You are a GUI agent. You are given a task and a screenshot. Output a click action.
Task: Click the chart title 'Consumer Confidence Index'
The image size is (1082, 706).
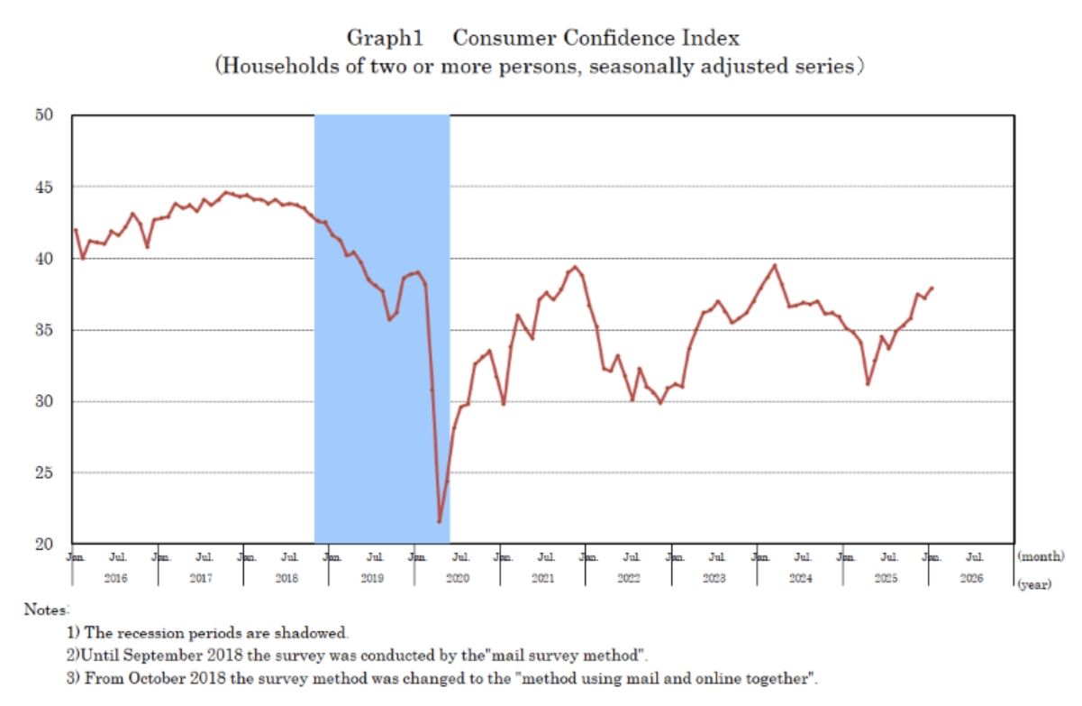pos(596,38)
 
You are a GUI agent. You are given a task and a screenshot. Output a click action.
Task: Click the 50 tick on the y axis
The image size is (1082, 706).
pos(46,115)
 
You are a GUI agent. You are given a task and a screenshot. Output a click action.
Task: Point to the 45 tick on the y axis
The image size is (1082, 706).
pos(46,187)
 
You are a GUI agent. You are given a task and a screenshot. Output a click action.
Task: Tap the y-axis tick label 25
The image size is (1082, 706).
pos(46,472)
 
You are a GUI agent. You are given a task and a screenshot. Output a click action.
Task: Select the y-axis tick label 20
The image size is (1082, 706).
pos(46,544)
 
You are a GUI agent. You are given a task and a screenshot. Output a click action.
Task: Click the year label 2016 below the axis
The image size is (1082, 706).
pos(115,578)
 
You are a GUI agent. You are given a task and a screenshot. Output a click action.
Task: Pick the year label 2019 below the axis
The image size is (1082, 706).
pos(372,578)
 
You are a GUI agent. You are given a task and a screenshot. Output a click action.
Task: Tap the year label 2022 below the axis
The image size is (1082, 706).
pos(629,578)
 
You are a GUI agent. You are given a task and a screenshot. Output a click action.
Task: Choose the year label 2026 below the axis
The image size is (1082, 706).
pos(971,578)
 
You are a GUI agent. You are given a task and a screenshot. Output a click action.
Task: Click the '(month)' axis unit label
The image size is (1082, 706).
pos(1040,558)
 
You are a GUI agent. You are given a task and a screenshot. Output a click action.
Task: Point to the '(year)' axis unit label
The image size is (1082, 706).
pos(1034,585)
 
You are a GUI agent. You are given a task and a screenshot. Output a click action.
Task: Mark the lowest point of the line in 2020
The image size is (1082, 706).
pos(440,521)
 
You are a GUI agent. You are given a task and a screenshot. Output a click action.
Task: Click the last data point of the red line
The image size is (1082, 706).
pos(932,289)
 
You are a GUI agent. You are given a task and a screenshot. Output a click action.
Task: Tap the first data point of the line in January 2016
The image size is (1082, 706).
pos(76,230)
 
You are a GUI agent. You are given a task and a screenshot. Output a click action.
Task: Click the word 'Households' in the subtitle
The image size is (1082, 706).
pos(270,67)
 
